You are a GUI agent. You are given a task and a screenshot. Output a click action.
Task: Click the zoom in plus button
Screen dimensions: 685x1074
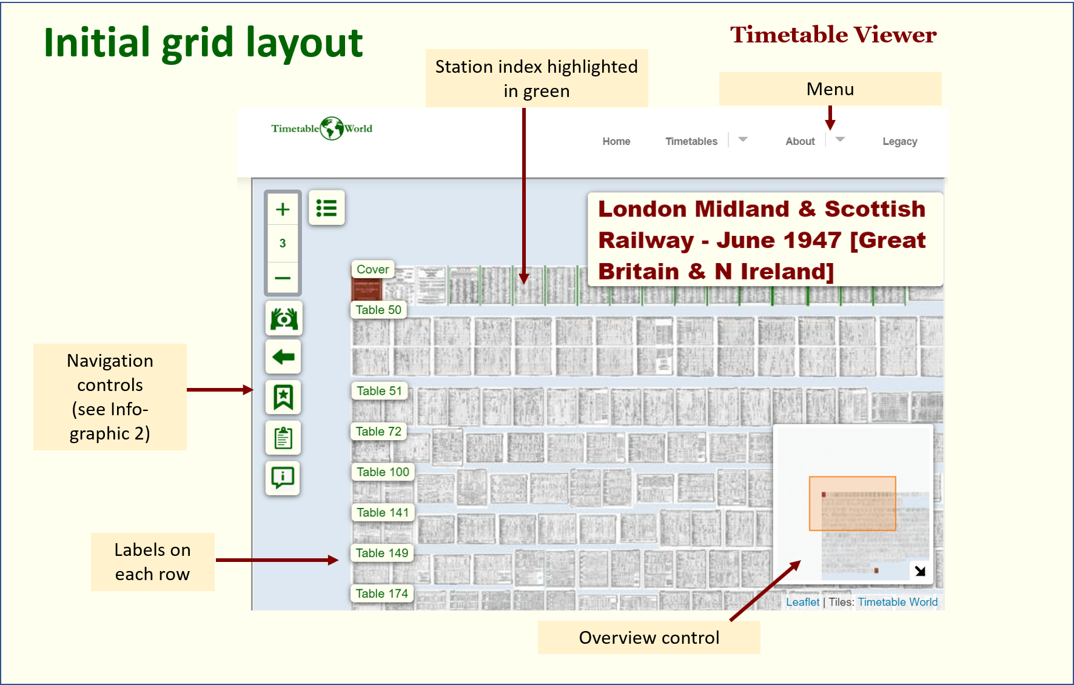pos(283,210)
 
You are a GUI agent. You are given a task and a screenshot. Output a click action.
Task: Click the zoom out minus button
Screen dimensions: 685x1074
pos(283,278)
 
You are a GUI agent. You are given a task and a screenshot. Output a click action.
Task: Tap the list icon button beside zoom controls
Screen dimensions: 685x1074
pos(326,208)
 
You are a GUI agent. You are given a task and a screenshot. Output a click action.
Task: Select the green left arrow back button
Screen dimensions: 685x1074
pos(283,357)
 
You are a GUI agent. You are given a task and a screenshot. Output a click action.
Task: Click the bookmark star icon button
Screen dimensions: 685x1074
pos(283,397)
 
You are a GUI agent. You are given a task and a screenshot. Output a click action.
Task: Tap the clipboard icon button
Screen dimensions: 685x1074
pos(283,438)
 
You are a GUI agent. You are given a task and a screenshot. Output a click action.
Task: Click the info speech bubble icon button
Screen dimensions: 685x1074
pos(283,478)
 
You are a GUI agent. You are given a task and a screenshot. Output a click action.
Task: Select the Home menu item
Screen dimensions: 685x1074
pos(616,141)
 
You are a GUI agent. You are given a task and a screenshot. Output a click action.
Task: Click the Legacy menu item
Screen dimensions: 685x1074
pos(899,141)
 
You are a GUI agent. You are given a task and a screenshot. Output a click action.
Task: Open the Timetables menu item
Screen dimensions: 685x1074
pos(691,141)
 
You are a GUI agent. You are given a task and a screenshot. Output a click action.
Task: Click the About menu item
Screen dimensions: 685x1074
pos(800,141)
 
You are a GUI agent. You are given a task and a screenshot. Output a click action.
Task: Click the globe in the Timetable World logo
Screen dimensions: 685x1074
pos(332,129)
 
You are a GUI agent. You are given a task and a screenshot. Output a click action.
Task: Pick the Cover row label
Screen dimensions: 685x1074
pos(372,269)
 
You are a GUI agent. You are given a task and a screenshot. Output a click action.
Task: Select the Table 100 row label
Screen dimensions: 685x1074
pos(383,472)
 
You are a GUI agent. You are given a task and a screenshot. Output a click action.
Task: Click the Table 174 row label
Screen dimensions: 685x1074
pos(381,593)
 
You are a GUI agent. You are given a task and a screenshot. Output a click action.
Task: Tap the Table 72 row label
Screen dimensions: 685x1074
pos(378,431)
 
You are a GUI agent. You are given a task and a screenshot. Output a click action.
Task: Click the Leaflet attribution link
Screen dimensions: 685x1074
pos(802,602)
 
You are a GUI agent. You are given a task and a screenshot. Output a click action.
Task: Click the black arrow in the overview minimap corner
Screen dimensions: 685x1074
pos(920,570)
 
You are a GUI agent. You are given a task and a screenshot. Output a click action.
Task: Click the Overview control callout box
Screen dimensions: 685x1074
pos(648,638)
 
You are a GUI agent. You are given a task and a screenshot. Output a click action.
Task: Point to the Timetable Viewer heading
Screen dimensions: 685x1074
pos(833,35)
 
